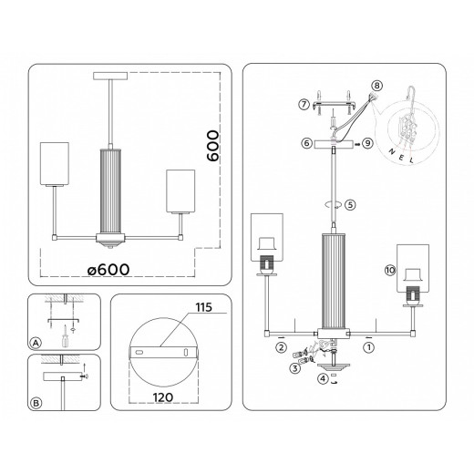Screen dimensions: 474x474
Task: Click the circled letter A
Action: pyautogui.click(x=36, y=343)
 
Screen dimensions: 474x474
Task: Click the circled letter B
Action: pyautogui.click(x=36, y=402)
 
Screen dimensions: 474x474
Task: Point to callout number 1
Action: pyautogui.click(x=369, y=347)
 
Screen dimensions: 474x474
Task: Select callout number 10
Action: pyautogui.click(x=389, y=271)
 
